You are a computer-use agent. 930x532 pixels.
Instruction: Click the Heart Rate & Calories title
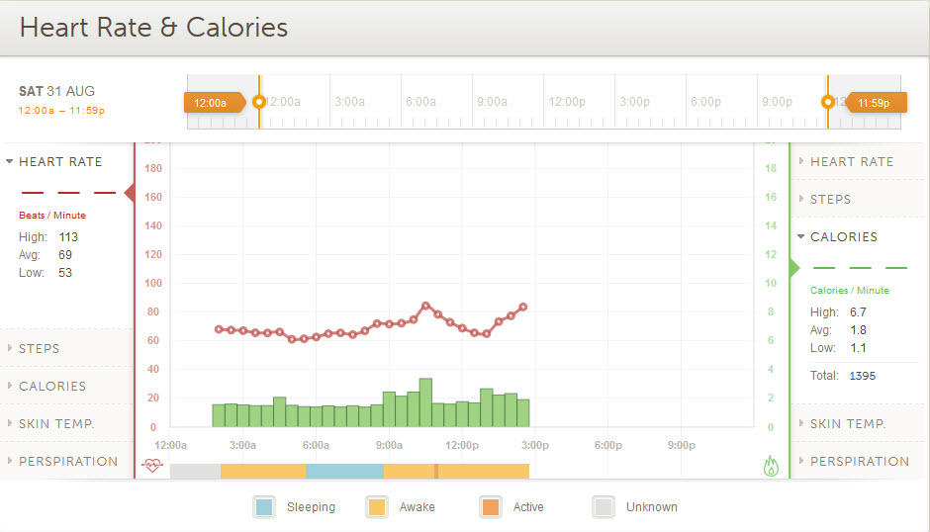point(153,27)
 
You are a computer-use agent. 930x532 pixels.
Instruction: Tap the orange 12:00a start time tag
point(211,102)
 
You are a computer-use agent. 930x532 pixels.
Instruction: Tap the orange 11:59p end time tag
point(874,102)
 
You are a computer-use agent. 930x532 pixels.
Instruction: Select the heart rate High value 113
point(67,237)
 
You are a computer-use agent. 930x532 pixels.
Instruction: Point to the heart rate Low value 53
point(65,273)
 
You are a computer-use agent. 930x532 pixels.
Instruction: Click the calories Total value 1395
point(862,376)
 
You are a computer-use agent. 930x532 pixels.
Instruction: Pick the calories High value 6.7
point(858,312)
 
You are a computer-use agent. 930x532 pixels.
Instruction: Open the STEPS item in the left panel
point(40,349)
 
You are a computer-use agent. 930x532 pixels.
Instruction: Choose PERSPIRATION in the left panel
point(68,462)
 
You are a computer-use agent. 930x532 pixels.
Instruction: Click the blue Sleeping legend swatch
point(264,507)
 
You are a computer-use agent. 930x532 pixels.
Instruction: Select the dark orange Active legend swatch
point(490,507)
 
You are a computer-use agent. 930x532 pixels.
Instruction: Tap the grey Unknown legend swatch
point(603,507)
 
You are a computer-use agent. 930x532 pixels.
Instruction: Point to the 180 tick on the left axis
point(152,168)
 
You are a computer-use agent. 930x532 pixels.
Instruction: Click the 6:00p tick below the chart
point(607,446)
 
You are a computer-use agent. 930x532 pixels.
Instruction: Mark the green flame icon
point(772,466)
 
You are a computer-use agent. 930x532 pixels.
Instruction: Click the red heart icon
point(151,466)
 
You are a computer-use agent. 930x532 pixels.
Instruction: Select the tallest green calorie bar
point(425,402)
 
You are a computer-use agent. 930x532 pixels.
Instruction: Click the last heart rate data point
point(523,307)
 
